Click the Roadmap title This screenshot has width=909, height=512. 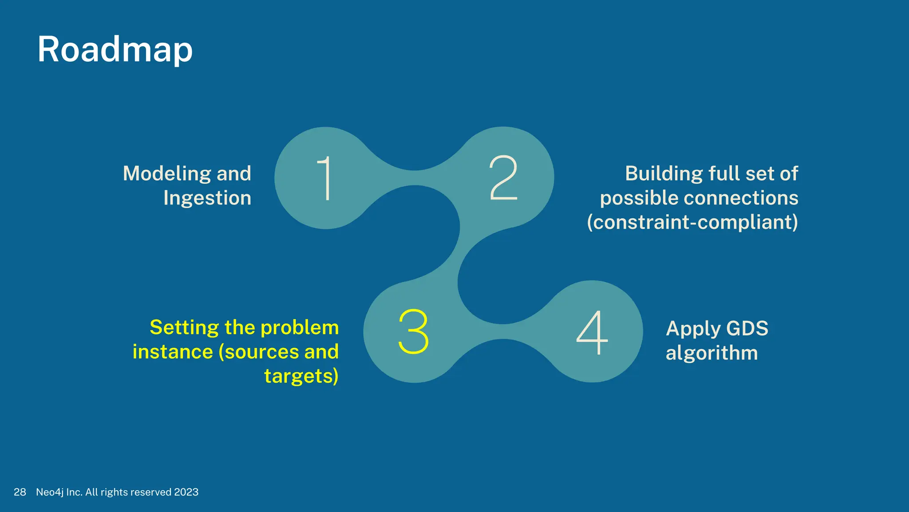(115, 50)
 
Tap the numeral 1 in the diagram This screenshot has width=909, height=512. (325, 178)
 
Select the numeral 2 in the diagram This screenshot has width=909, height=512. (503, 178)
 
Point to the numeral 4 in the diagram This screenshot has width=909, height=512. (592, 332)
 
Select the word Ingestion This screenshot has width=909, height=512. (207, 198)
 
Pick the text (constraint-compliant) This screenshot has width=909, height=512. (692, 222)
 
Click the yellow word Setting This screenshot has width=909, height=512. (184, 328)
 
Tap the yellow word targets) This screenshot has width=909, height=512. (301, 376)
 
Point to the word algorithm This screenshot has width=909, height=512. (711, 353)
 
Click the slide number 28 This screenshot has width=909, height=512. (20, 492)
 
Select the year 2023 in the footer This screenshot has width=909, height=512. (186, 492)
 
